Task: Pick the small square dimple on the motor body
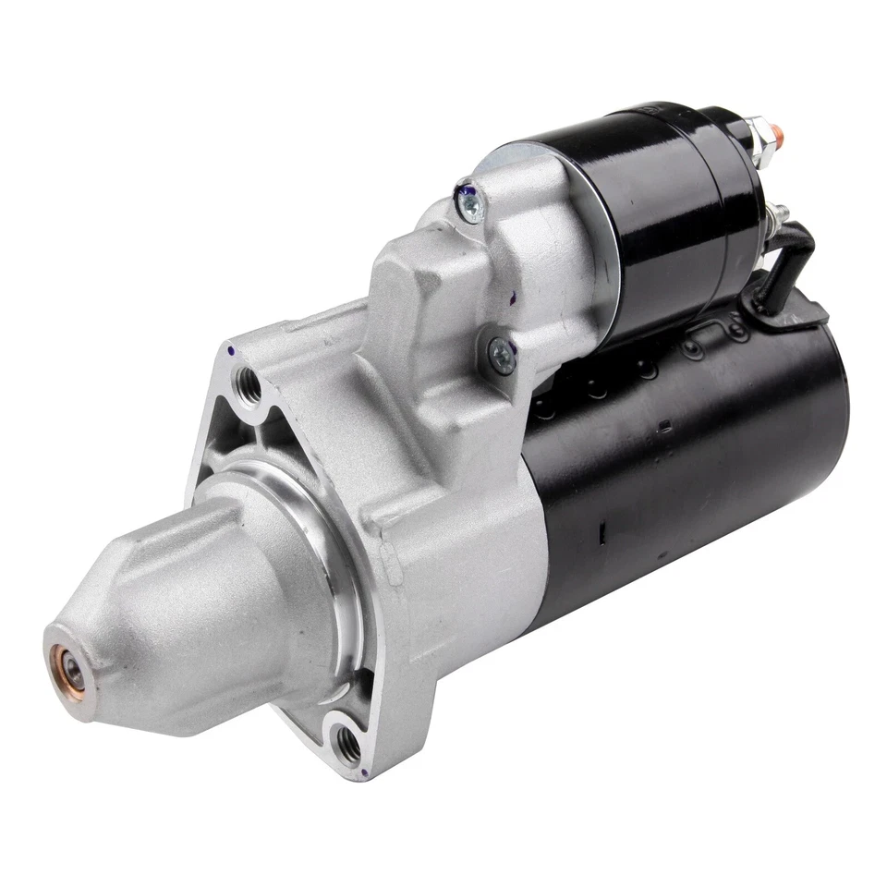pyautogui.click(x=664, y=426)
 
